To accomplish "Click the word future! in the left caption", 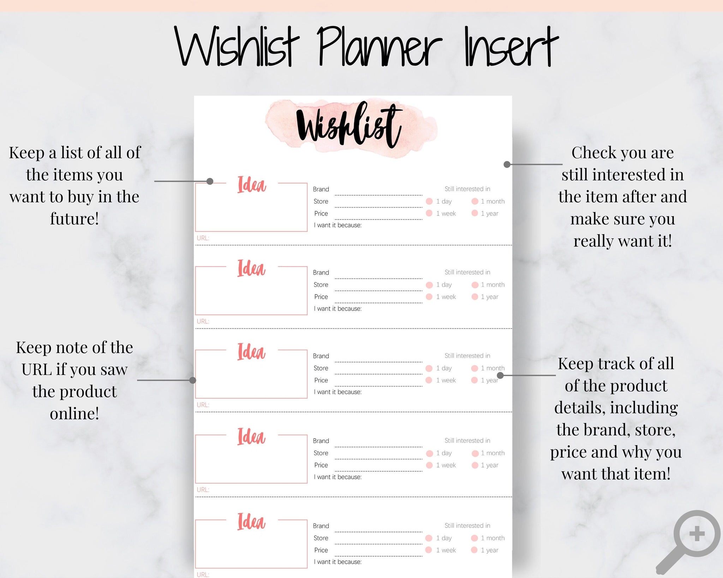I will [x=74, y=219].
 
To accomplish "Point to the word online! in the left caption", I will [x=74, y=414].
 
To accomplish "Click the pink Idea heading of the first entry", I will [x=251, y=185].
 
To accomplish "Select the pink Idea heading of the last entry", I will [x=251, y=522].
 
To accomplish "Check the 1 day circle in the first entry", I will [x=429, y=201].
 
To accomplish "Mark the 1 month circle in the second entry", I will [x=475, y=285].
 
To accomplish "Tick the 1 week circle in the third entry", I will [x=429, y=380].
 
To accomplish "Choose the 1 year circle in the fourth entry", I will [x=475, y=465].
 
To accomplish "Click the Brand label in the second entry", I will [x=321, y=272].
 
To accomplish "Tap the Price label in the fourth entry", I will [x=321, y=465].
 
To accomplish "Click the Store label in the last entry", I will [x=321, y=538].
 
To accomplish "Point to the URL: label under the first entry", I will [x=203, y=238].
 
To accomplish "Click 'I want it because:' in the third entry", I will [x=338, y=392].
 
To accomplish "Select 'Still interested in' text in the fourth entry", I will [x=467, y=440].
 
